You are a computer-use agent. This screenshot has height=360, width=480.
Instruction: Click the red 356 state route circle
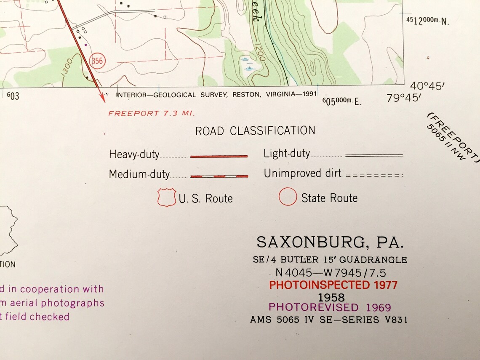[97, 61]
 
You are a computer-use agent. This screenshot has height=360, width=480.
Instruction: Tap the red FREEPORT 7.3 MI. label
[152, 113]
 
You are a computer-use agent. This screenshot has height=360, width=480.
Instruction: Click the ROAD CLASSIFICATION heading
[255, 131]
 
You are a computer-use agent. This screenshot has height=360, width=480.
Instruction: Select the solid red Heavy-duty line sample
[219, 156]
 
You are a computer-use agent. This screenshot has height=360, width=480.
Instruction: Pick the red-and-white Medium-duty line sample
[219, 176]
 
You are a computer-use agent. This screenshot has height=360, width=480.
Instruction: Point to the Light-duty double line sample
[374, 155]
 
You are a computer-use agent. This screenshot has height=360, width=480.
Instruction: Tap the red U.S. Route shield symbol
[166, 197]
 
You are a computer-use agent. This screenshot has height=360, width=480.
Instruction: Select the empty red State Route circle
[288, 197]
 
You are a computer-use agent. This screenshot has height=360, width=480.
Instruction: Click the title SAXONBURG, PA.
[331, 242]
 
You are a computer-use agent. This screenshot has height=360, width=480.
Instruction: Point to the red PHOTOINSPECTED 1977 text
[333, 285]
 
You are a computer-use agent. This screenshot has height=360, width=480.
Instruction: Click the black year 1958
[331, 297]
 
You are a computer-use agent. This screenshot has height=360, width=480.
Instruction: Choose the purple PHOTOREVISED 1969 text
[330, 308]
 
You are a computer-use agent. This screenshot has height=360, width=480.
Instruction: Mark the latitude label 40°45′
[427, 86]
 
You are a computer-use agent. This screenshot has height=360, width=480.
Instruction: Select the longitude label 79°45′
[403, 98]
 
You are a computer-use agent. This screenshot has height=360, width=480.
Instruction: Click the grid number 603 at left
[13, 96]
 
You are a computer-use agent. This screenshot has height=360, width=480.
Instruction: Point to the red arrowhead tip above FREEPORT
[102, 101]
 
